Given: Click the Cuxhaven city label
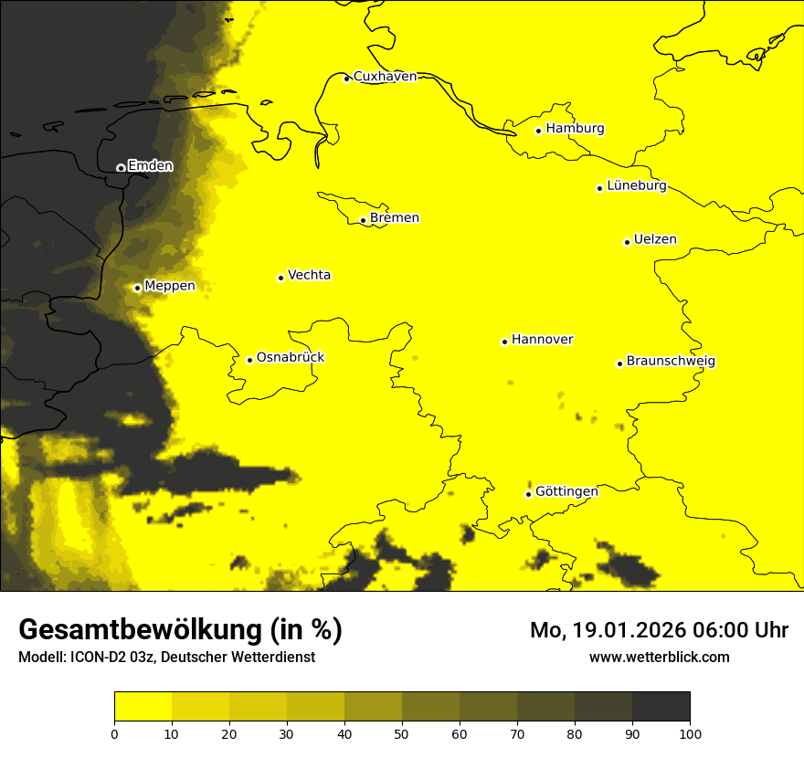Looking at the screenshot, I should point(385,77).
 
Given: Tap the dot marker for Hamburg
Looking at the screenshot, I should point(538,131).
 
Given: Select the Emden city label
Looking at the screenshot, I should point(150,166).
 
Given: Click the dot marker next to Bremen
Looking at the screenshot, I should point(363,220).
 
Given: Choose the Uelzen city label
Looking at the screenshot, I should point(655,240).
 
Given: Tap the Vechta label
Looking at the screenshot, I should point(309,275).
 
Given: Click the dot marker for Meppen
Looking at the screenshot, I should point(137,288).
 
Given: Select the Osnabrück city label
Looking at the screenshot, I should point(291,358).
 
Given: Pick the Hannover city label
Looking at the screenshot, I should point(542,340).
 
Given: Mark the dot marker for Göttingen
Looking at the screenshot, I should point(528,494).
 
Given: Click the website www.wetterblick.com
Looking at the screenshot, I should point(659,658).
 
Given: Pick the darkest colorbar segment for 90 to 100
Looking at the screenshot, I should point(661,707).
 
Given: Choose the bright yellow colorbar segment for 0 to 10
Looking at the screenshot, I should point(143,707).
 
